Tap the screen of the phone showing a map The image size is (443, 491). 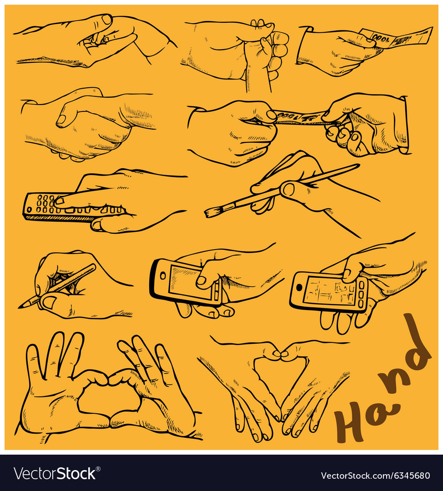330,291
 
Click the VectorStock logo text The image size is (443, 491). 55,474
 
